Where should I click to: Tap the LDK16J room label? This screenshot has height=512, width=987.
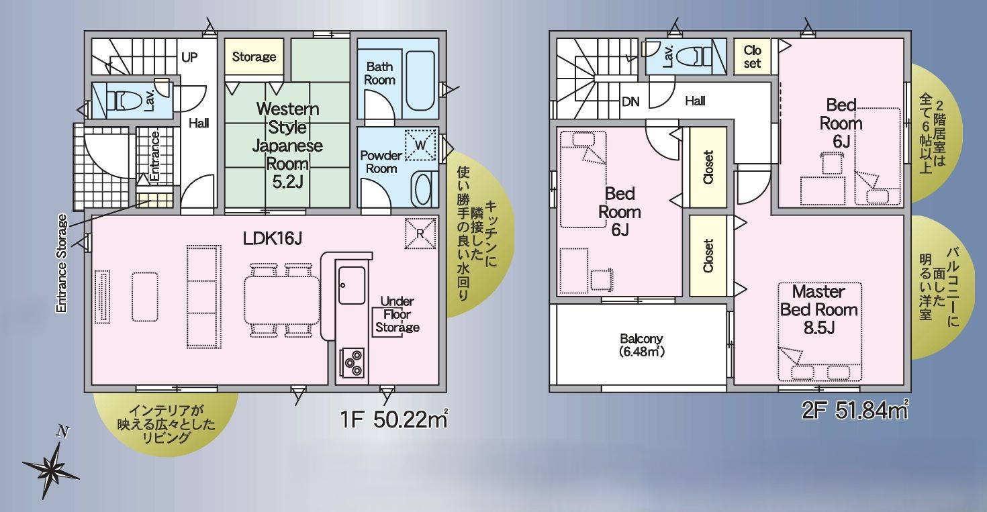click(273, 239)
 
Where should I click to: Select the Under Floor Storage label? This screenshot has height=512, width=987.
click(397, 314)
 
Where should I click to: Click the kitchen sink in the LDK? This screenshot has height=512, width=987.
click(352, 285)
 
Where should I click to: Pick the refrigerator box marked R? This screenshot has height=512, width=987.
click(420, 234)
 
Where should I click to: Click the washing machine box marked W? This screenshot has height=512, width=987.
click(420, 145)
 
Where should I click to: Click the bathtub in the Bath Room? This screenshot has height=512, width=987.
click(420, 81)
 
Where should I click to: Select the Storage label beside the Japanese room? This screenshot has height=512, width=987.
click(254, 57)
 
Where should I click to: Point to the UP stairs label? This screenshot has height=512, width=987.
click(189, 57)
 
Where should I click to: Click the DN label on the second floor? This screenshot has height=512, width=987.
click(630, 102)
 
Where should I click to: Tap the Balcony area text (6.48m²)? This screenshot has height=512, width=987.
click(642, 345)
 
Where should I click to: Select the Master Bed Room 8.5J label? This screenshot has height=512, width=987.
click(818, 309)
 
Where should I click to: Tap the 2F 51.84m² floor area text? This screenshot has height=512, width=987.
click(855, 411)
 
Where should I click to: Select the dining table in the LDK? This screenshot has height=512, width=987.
click(282, 301)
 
